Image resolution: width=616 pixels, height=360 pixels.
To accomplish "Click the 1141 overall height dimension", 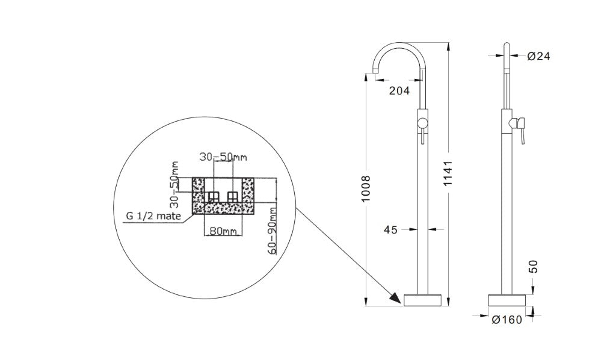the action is tap(449, 173).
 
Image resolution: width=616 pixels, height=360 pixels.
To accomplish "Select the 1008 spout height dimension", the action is tap(366, 188).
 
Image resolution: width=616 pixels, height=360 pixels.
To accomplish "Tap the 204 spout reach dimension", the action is tap(399, 91).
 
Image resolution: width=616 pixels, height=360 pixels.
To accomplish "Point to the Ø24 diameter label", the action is tap(538, 56).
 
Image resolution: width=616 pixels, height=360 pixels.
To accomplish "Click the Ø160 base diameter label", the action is tap(507, 320).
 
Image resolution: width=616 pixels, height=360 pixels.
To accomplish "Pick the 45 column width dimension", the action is tap(390, 229).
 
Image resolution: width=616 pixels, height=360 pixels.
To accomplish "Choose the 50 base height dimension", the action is tap(533, 267).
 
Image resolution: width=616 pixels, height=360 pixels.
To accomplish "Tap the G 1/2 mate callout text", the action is tap(153, 216).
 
